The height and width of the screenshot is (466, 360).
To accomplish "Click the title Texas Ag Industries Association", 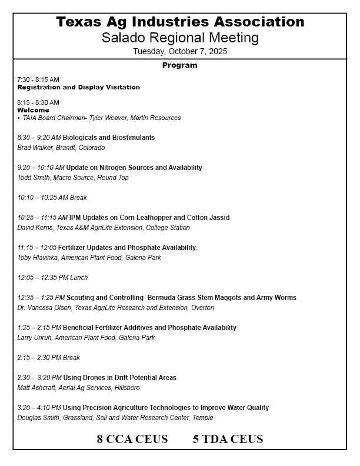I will pos(180,22).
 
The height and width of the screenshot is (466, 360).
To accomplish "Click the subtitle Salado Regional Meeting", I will pos(180,38).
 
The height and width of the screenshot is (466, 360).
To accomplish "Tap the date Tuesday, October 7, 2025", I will pos(180,51).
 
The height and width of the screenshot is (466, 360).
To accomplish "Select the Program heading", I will pos(179,65).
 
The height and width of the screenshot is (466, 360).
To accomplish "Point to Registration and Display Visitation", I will pos(78,87).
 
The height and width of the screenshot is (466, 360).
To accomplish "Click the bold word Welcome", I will pos(33,110).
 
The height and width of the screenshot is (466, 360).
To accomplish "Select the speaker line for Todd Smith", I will pos(73,178).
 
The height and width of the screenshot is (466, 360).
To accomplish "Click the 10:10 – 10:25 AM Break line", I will pos(52,198).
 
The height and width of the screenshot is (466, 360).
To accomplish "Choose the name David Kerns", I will pos(35,228).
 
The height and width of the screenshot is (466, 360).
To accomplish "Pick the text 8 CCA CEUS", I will pos(132,439).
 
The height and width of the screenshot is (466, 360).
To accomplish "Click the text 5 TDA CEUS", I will pos(228,439).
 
